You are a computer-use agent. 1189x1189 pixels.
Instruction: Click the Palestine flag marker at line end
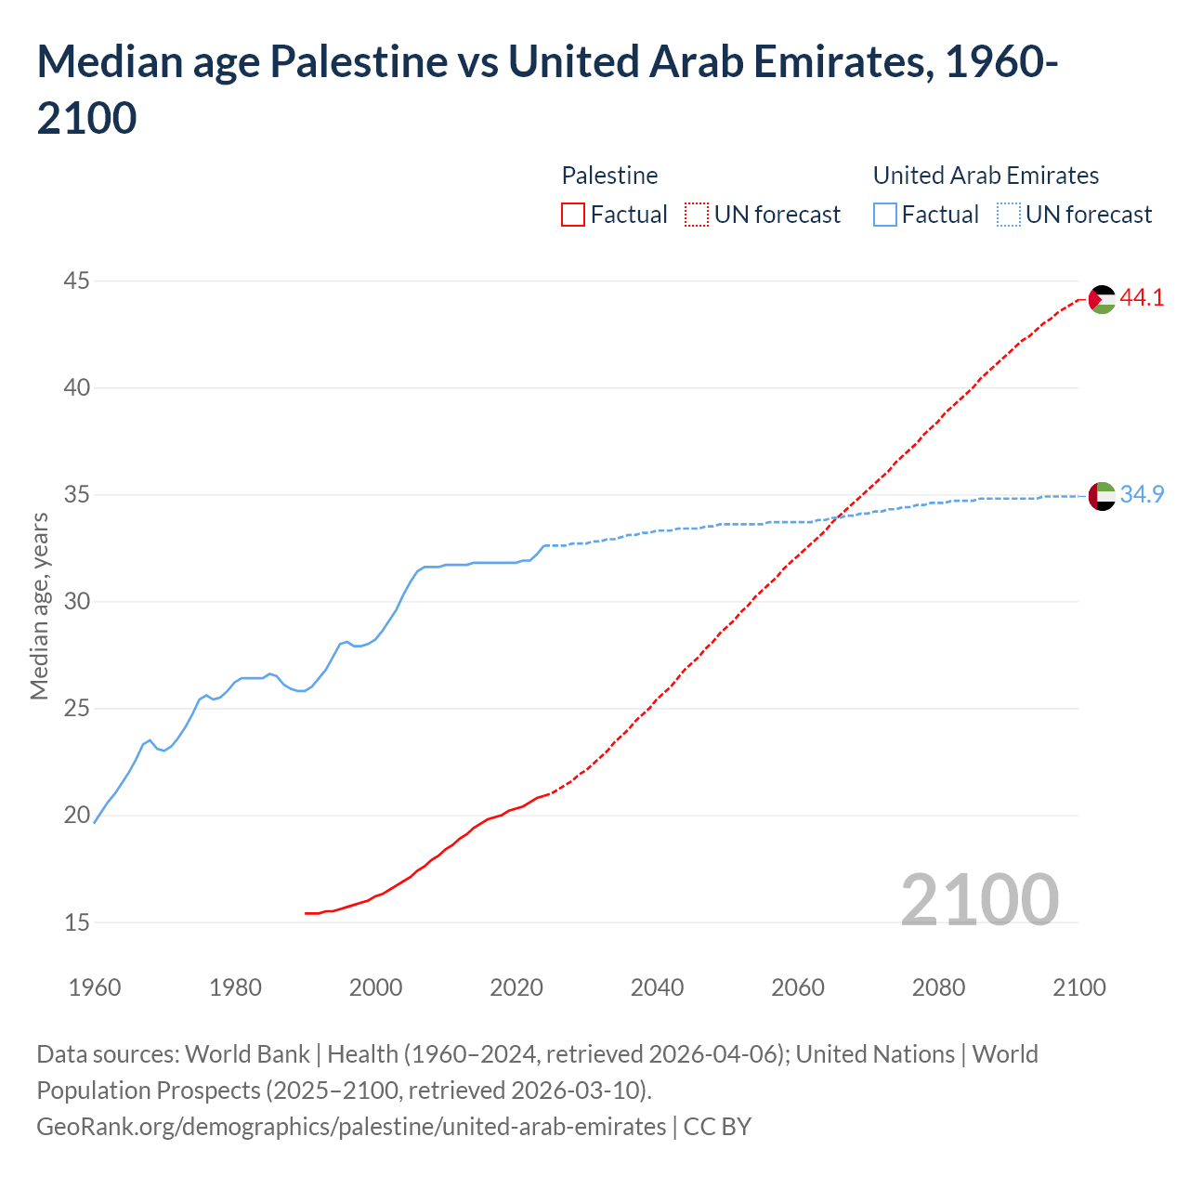[x=1102, y=299]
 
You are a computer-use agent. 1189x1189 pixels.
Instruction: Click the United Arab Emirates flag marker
[x=1102, y=496]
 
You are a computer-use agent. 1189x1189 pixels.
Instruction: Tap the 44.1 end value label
[x=1142, y=298]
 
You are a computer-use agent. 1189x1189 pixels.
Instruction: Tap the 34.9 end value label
[x=1142, y=495]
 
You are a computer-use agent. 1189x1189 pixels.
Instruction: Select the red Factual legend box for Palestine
[x=573, y=215]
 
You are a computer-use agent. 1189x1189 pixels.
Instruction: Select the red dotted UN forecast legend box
[x=697, y=215]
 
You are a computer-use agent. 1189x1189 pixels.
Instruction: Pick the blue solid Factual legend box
[x=885, y=215]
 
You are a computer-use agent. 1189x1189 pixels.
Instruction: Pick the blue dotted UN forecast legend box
[x=1009, y=215]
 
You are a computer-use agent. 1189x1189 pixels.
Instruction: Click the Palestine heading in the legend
[x=609, y=176]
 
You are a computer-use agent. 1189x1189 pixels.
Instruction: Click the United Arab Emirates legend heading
[x=986, y=176]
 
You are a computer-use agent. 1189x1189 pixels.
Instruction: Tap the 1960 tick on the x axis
[x=95, y=987]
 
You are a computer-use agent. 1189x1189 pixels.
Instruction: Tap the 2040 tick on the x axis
[x=657, y=987]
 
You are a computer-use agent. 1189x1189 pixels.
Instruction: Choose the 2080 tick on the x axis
[x=938, y=987]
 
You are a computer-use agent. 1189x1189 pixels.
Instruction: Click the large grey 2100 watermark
[x=979, y=899]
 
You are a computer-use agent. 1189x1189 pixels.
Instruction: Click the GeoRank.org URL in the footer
[x=351, y=1127]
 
